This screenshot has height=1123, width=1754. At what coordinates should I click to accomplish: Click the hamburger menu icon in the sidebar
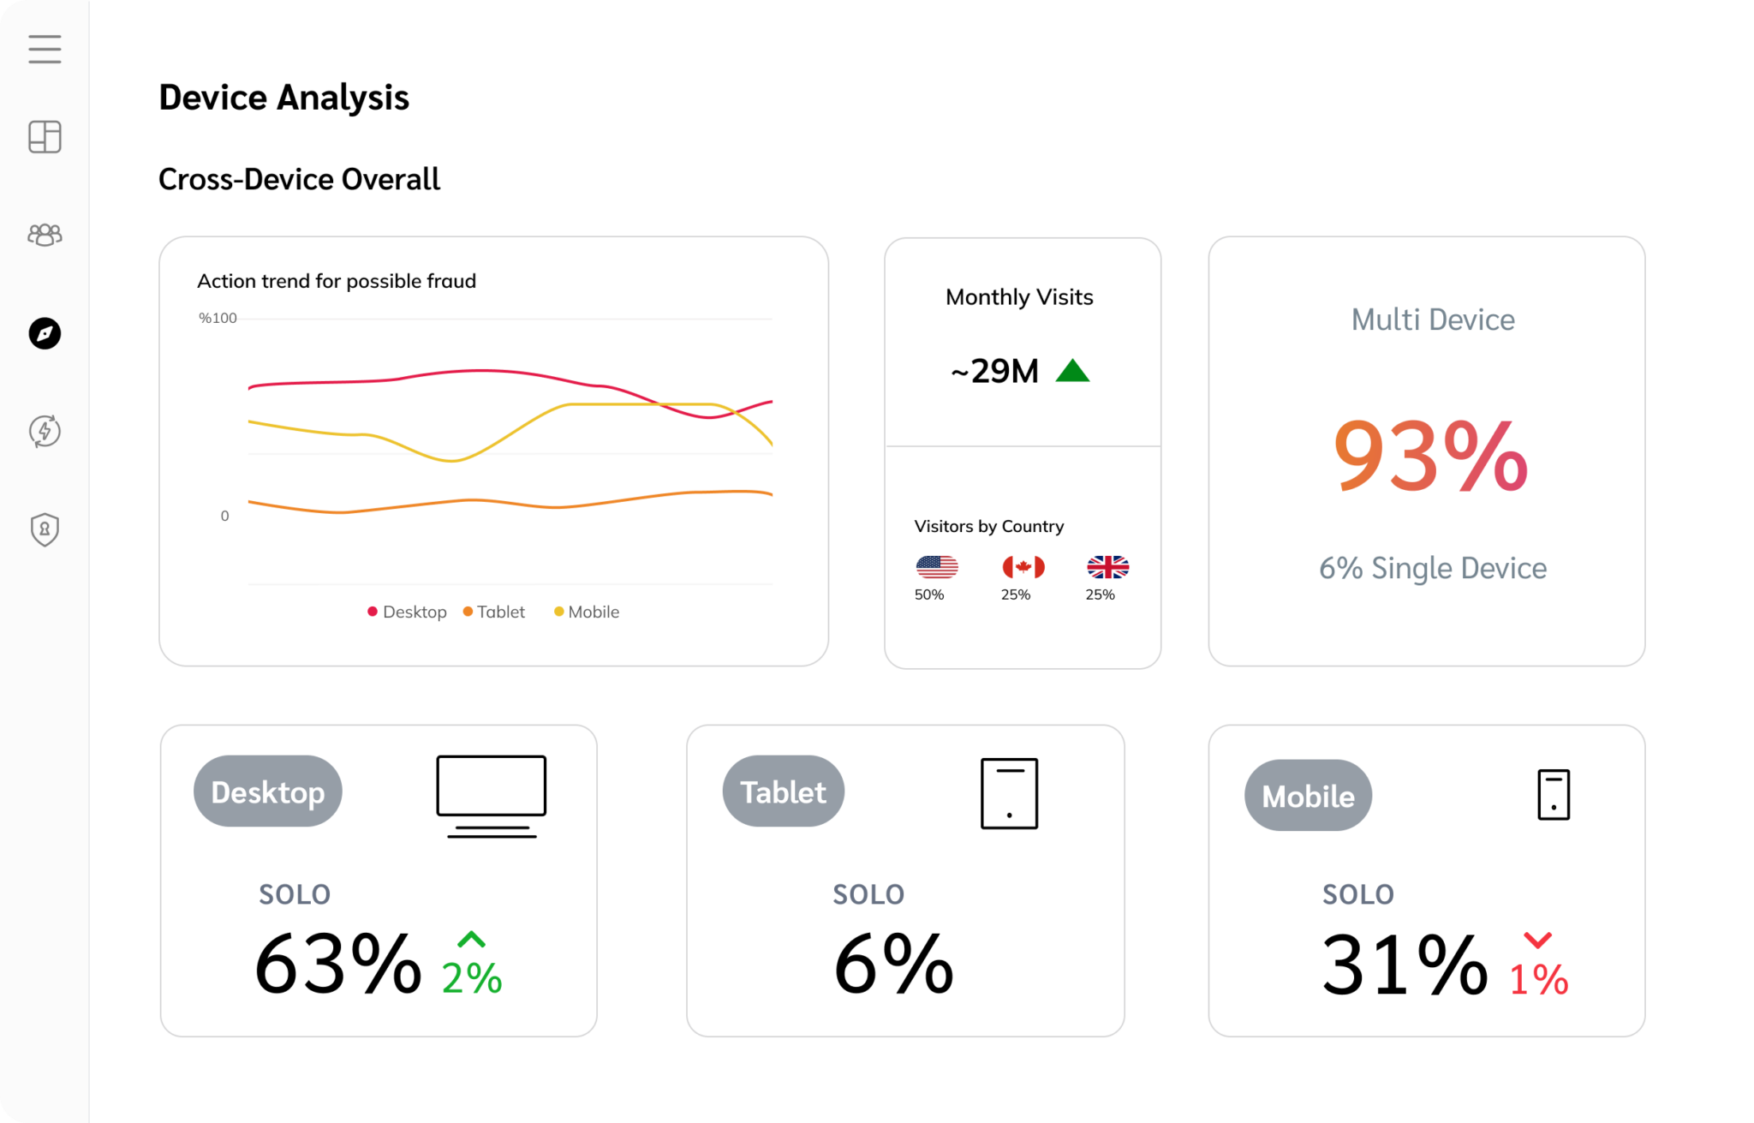pos(45,49)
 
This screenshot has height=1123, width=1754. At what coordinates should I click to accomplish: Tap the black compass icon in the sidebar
pos(45,333)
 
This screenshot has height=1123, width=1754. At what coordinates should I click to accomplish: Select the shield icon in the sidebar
pos(45,529)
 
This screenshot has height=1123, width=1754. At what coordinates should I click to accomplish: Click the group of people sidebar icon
pos(45,235)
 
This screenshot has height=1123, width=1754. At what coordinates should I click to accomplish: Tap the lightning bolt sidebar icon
pos(45,431)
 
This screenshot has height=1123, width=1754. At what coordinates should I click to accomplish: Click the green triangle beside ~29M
pos(1072,371)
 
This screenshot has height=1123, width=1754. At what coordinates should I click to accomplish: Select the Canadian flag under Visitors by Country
pos(1023,567)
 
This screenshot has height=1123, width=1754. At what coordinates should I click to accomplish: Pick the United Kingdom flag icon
pos(1107,567)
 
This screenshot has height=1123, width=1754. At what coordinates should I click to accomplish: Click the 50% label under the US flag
pos(929,594)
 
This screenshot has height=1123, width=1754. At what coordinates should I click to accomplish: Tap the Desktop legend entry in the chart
pos(408,612)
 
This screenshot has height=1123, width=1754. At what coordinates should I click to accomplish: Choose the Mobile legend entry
pos(587,612)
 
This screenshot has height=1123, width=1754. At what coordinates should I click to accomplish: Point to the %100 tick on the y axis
pos(218,319)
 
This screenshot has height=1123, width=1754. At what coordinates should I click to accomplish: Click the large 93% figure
pos(1430,457)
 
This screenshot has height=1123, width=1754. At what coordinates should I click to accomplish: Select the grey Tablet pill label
pos(783,791)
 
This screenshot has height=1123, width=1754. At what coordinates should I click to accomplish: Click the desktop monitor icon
pos(491,796)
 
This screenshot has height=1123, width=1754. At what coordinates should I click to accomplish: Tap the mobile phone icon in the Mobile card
pos(1553,795)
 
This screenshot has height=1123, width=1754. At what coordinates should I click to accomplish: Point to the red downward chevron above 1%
pos(1538,941)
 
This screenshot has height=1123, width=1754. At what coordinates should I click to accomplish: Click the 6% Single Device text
pos(1432,568)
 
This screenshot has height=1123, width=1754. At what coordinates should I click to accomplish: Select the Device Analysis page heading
pos(283,98)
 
